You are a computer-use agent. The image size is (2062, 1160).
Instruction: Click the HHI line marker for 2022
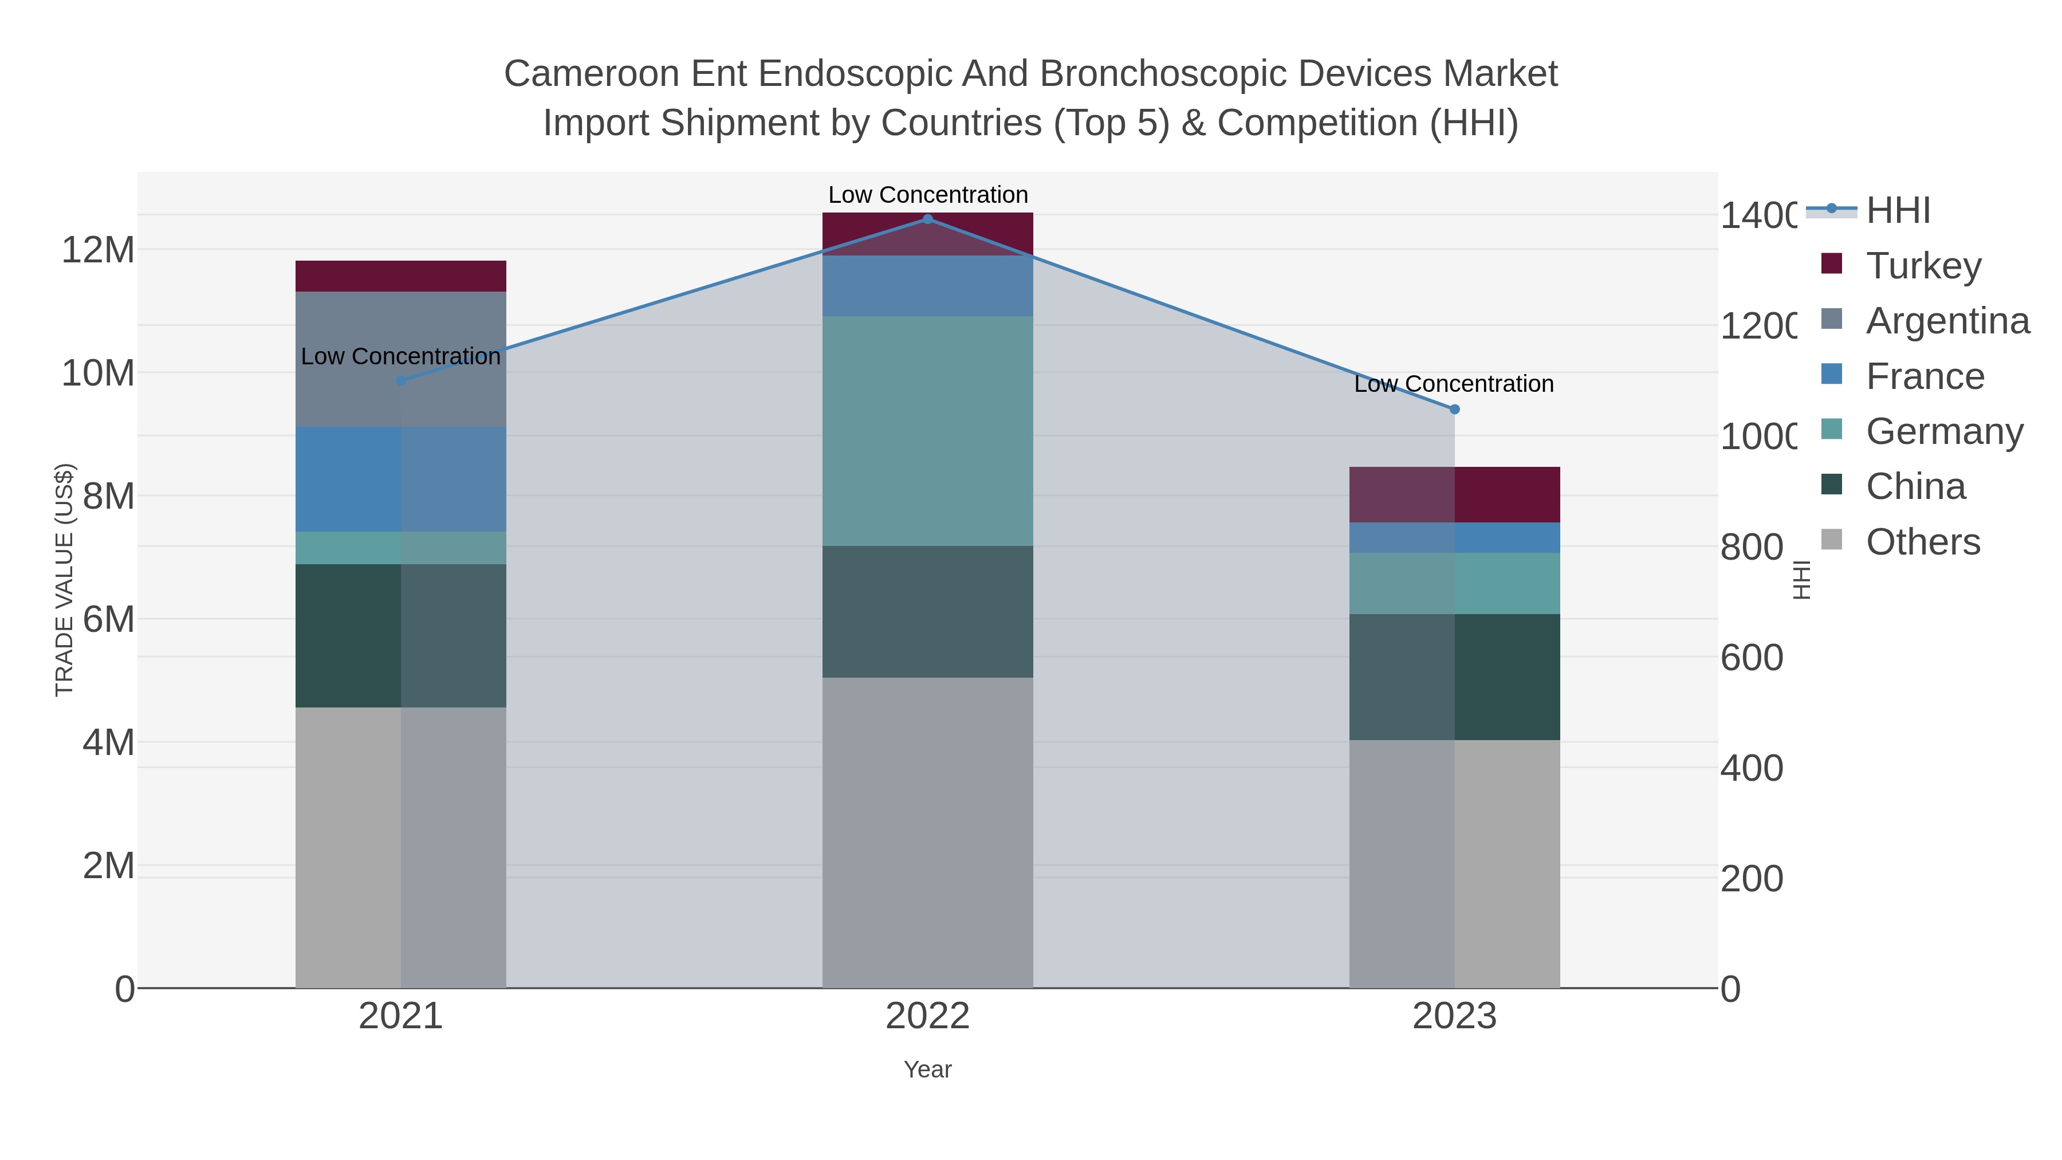tap(928, 219)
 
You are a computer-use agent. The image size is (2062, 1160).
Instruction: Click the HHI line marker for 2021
tap(401, 381)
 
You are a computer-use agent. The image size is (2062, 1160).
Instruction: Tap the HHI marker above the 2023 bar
tap(1454, 410)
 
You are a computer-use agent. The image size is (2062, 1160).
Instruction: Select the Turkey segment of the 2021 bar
tap(400, 276)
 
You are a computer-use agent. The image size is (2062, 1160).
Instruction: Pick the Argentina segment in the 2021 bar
tap(400, 359)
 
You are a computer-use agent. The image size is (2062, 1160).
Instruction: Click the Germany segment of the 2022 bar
tap(928, 431)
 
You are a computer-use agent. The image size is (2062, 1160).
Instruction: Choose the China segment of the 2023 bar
tap(1454, 677)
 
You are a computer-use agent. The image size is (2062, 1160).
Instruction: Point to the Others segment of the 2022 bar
tap(928, 832)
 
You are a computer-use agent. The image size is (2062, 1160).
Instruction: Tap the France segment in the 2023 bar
tap(1454, 538)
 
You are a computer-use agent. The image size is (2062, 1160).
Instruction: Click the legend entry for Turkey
tap(1923, 266)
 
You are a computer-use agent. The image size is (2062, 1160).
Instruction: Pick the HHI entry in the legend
tap(1897, 211)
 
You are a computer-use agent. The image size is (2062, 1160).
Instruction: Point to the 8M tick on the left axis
tap(108, 496)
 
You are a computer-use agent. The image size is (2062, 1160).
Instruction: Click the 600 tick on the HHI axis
tap(1752, 658)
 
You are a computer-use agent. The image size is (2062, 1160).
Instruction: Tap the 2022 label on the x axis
tap(928, 1017)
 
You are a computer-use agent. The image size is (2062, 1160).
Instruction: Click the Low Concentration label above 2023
tap(1454, 384)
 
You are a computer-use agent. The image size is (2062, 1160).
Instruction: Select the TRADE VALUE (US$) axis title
tap(64, 580)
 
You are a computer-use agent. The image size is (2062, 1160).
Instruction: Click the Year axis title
tap(928, 1069)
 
